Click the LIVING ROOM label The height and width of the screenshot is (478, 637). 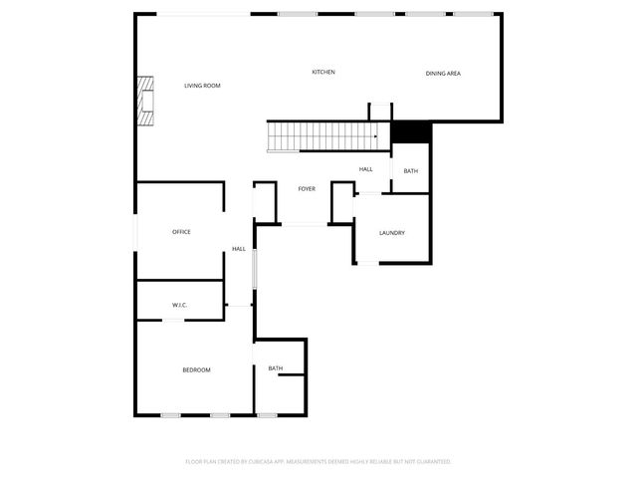[x=202, y=86]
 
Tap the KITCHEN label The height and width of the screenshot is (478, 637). [x=323, y=73]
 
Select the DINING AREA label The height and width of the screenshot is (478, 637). [x=443, y=74]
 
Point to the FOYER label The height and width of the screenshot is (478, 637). [x=307, y=188]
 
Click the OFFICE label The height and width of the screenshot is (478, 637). [x=181, y=232]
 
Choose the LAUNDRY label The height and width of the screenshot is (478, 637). [x=391, y=233]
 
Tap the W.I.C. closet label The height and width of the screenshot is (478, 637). [x=180, y=305]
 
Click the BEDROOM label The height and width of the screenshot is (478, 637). [x=196, y=370]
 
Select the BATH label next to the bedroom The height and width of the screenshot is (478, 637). [x=276, y=369]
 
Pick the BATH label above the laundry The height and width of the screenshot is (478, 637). [x=411, y=172]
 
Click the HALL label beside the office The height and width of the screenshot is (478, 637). [x=239, y=249]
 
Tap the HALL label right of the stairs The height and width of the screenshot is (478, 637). [x=366, y=169]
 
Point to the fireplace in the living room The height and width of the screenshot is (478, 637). [x=147, y=101]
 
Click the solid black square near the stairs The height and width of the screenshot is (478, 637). [x=410, y=131]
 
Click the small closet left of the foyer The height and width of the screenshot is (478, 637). [x=265, y=202]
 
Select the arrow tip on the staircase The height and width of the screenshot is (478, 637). [x=375, y=136]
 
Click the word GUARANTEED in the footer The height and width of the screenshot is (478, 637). [x=435, y=462]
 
